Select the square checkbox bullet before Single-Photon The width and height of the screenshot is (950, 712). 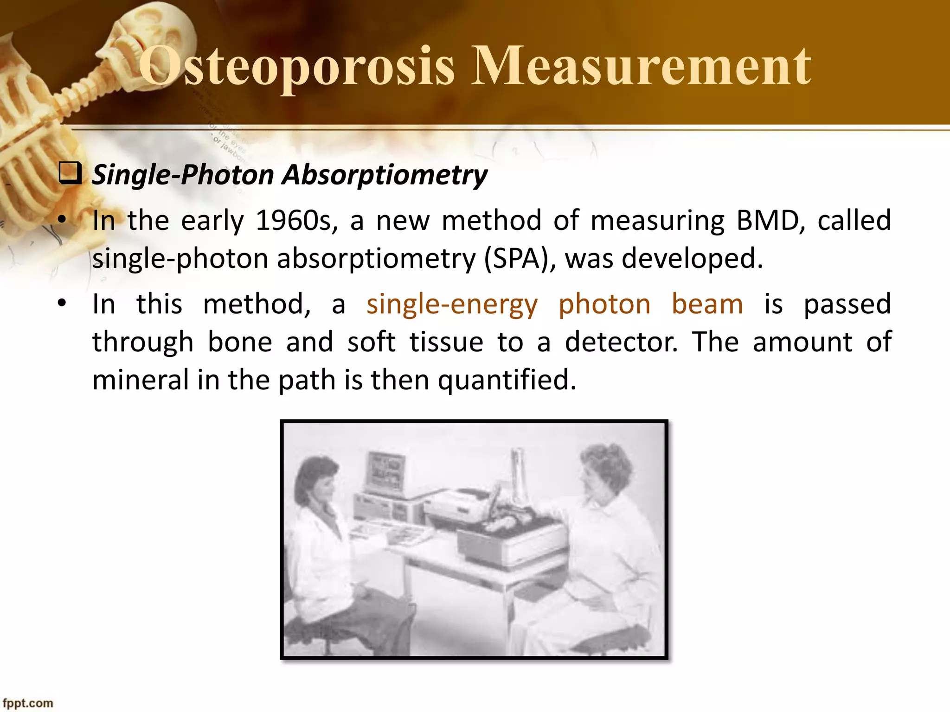pos(70,174)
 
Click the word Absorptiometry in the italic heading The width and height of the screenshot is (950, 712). pos(385,175)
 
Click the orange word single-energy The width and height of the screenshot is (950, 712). pos(452,305)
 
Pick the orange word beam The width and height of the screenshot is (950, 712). pos(707,305)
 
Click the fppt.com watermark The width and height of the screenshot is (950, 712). pos(28,703)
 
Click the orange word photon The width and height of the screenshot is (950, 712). pos(604,305)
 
